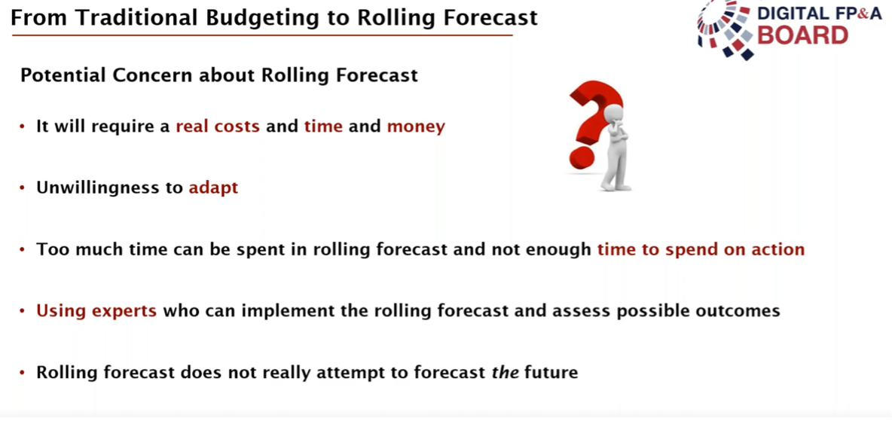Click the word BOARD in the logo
(x=802, y=35)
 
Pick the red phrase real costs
(x=218, y=126)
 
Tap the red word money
(x=416, y=127)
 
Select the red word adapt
(x=213, y=188)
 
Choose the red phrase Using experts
(x=96, y=312)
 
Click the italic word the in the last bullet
(x=506, y=373)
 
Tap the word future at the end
(x=552, y=373)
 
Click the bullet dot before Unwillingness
(x=22, y=188)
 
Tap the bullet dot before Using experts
(x=22, y=312)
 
